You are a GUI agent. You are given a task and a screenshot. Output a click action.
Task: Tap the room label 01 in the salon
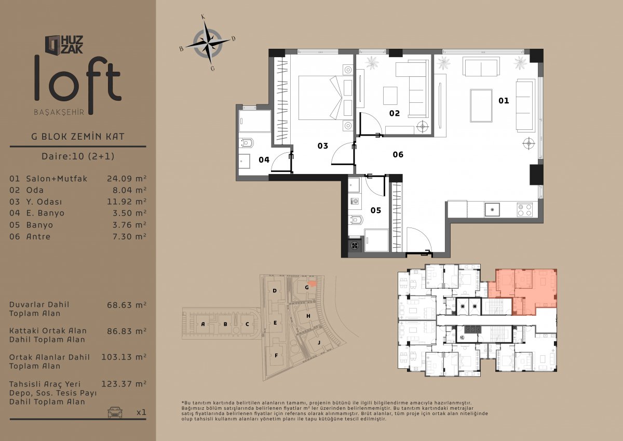coord(504,100)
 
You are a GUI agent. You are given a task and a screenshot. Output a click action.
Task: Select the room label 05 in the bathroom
coord(375,210)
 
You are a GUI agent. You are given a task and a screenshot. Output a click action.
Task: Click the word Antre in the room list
coord(38,236)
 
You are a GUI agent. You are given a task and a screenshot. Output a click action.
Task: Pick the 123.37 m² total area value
coord(124,384)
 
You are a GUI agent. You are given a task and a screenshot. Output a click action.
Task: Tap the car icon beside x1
coord(115,412)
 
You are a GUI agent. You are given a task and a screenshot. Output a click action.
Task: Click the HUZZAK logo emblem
coord(53,45)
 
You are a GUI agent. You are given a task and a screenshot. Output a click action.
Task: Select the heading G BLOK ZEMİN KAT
coord(78,136)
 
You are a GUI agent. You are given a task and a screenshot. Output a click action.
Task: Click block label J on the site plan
coord(319,342)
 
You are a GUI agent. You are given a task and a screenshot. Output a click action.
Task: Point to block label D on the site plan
coord(275,291)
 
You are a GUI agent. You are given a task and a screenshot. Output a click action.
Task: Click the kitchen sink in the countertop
coord(492,209)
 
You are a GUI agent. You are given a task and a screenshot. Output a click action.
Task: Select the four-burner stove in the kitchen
coord(524,210)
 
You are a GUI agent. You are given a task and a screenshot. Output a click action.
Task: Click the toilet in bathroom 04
coord(247,143)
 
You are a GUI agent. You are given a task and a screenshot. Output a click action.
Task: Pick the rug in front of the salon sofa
coord(481,106)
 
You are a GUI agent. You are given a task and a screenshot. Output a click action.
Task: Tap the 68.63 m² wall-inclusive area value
coord(127,305)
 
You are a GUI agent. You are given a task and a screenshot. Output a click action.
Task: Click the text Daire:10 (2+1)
coord(78,156)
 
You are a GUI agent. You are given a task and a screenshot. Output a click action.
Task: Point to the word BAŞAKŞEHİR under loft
coord(59,112)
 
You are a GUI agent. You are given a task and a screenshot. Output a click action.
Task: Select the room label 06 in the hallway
coord(398,154)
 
